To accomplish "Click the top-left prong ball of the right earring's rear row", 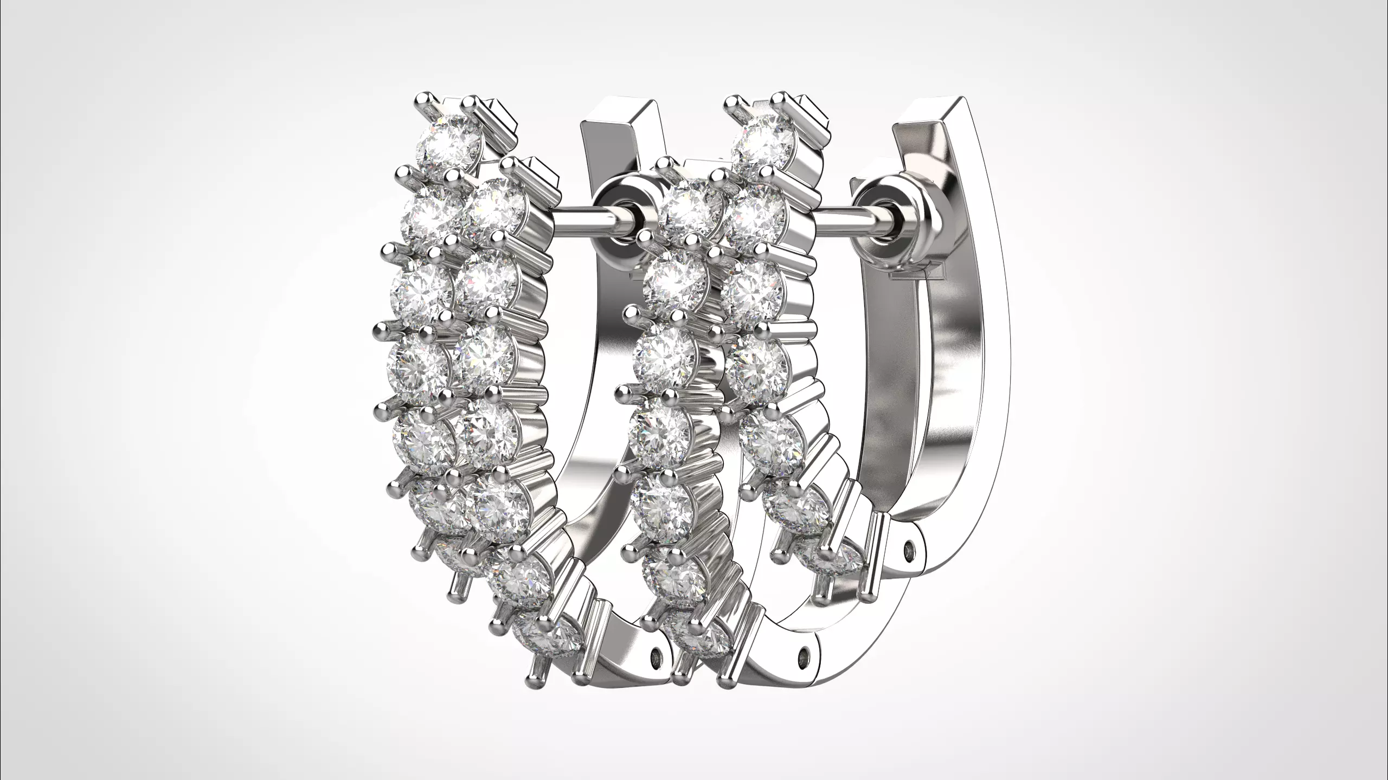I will (x=733, y=101).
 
